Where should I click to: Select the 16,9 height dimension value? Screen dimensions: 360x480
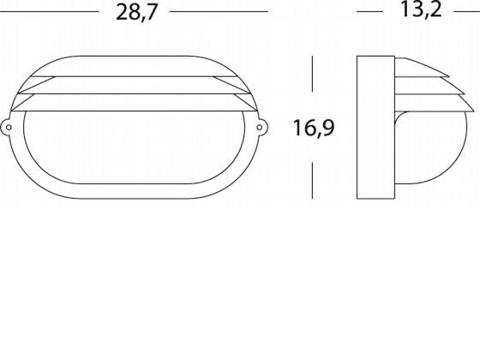[313, 129]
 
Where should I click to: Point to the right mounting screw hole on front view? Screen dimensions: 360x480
[262, 128]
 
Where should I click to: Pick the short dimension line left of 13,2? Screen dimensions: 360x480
[369, 13]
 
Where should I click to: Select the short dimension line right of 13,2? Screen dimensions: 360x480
[468, 13]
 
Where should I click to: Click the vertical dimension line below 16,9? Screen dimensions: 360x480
[313, 176]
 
